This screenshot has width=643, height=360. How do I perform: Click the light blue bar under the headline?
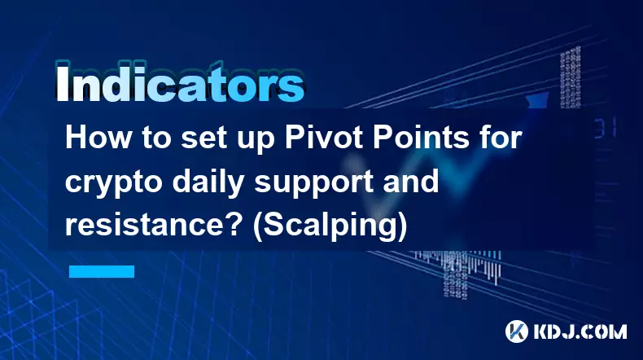[x=102, y=270]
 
